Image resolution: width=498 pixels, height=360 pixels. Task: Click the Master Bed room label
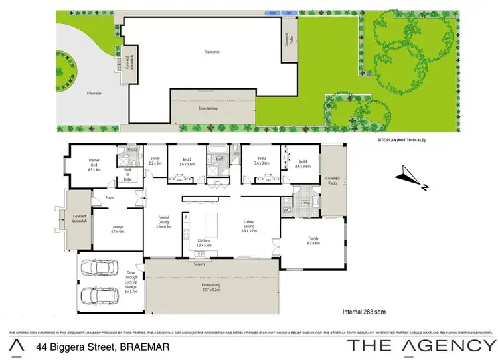[94, 163]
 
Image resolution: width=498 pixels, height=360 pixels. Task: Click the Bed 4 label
[303, 163]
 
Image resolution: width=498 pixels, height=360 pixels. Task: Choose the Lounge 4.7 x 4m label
[117, 229]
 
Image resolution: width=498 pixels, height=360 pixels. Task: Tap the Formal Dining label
[163, 221]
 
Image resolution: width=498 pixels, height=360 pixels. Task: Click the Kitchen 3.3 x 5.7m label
[204, 243]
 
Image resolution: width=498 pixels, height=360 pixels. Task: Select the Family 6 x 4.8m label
[313, 240]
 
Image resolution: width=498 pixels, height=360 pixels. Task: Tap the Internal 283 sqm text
[365, 311]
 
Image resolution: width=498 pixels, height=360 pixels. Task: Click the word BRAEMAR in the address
[142, 347]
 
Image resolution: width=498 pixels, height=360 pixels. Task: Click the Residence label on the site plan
[212, 52]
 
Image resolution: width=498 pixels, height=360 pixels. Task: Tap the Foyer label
[112, 197]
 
